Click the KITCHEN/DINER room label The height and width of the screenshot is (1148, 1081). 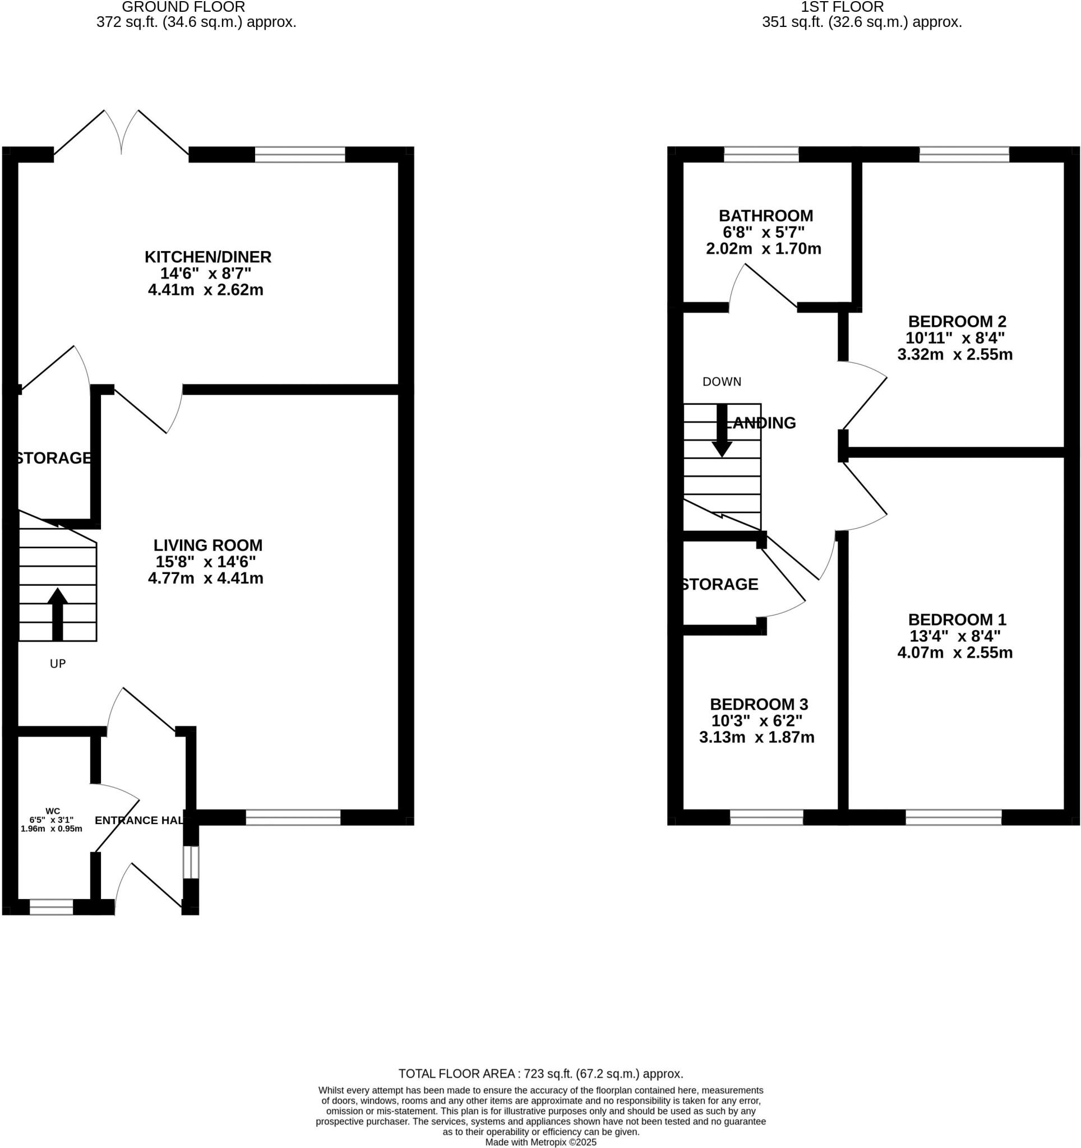207,256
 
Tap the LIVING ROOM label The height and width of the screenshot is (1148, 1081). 207,544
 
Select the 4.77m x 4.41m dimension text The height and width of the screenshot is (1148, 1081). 206,577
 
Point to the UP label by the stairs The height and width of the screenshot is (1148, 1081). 58,664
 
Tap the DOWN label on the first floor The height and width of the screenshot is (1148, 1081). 721,381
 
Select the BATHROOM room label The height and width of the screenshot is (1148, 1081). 765,215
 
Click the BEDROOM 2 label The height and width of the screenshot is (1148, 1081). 957,321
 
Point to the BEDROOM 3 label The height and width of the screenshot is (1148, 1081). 758,704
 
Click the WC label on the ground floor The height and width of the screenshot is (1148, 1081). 53,811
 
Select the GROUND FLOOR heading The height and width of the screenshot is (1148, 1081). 184,7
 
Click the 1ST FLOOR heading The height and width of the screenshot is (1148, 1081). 842,7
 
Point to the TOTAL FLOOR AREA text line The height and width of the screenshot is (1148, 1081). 540,1073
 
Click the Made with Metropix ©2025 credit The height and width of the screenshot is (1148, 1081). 540,1142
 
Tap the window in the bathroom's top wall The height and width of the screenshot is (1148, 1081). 760,154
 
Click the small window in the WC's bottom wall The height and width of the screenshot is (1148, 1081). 52,906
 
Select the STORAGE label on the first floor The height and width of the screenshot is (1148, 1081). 719,584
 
